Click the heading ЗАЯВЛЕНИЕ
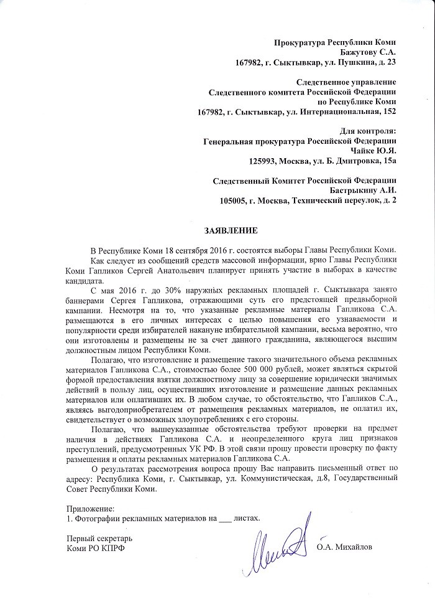(x=231, y=230)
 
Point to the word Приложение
(x=91, y=507)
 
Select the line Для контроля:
(x=368, y=131)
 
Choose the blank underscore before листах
(x=225, y=518)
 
